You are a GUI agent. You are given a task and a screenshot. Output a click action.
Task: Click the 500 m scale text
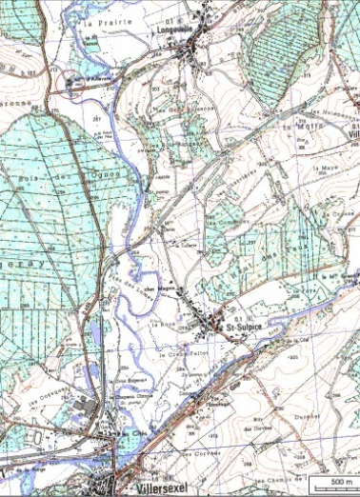click(x=340, y=484)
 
